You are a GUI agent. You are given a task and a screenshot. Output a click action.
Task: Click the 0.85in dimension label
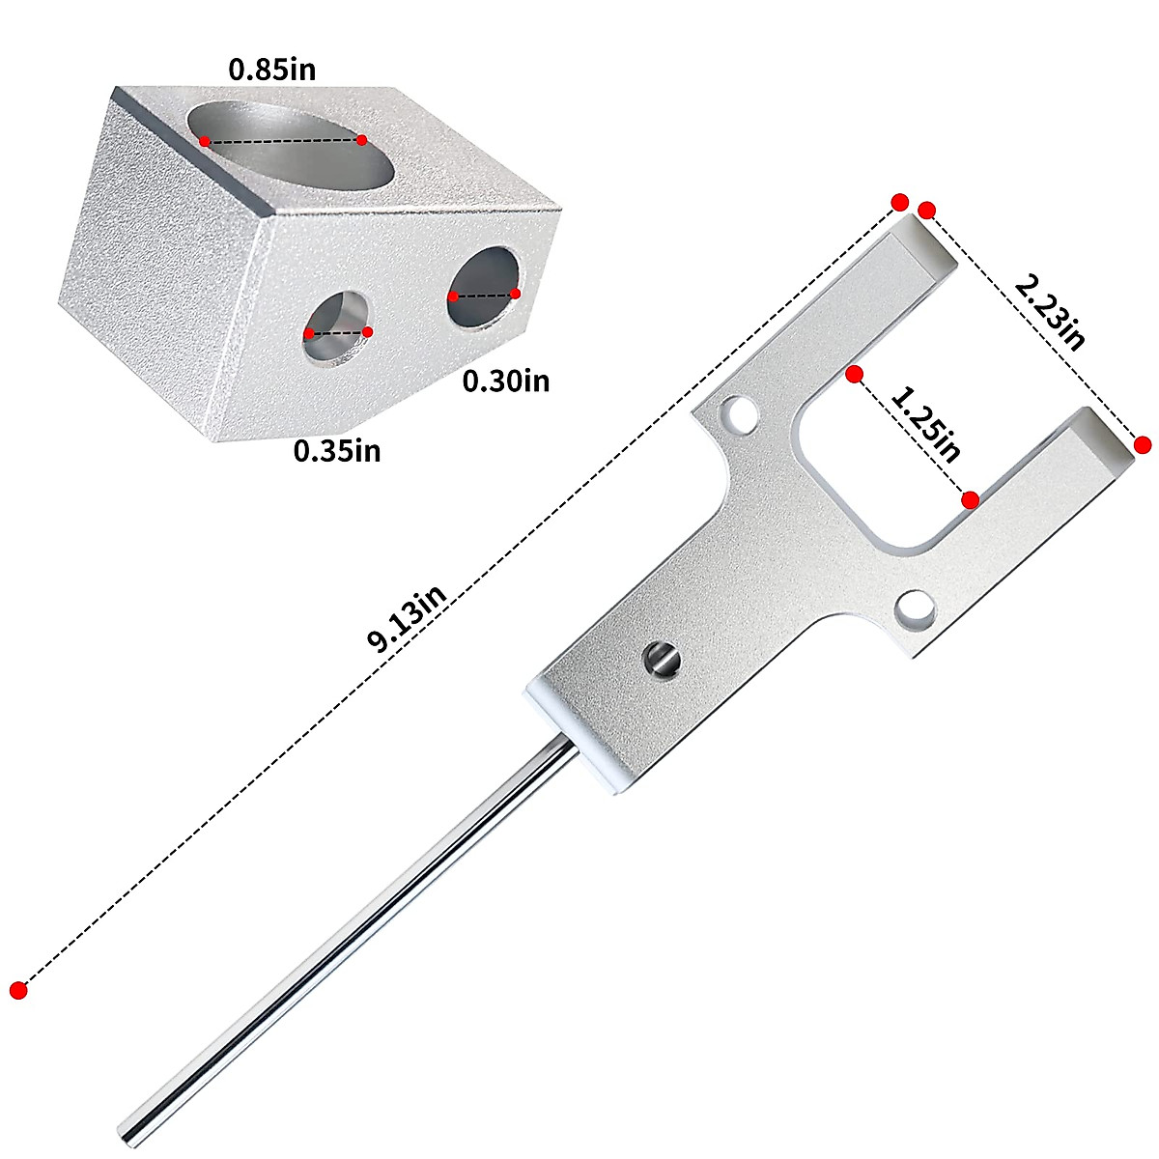271,70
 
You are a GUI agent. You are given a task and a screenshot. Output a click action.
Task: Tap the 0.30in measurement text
505,382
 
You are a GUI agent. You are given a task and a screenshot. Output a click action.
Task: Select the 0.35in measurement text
337,450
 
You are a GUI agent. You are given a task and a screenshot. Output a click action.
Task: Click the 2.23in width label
1049,309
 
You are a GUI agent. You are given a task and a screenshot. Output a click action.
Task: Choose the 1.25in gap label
924,424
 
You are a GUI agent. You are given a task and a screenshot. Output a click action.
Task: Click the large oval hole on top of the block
290,144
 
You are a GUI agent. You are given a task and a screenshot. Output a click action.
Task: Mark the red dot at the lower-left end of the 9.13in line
17,989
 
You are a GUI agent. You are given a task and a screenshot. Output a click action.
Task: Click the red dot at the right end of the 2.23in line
1143,444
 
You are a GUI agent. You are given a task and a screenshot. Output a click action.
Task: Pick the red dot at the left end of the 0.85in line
205,142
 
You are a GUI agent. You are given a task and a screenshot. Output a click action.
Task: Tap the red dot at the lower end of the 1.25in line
971,499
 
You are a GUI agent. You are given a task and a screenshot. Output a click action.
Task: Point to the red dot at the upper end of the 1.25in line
853,374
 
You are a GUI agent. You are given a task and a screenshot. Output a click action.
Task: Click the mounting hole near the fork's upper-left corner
743,413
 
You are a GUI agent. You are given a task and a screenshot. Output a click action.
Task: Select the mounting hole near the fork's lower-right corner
914,611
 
